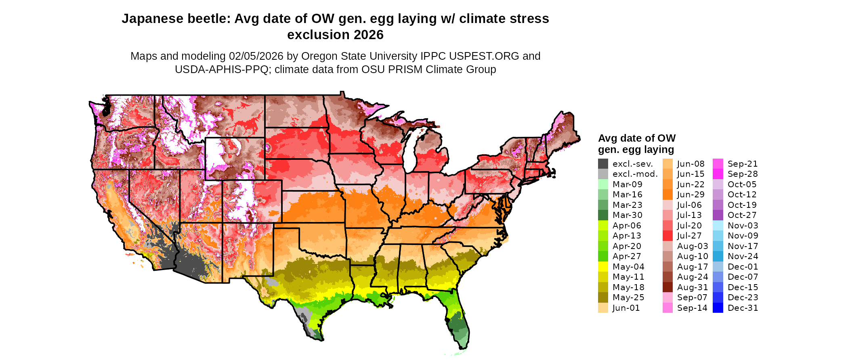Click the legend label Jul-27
(689, 236)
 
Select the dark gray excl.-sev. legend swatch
(603, 164)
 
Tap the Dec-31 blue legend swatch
(718, 308)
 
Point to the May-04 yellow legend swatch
(603, 267)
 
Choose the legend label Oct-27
(742, 215)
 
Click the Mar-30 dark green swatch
(603, 215)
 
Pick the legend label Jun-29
(691, 195)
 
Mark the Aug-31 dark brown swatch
(668, 287)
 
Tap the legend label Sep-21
(743, 164)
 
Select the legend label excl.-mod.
(635, 174)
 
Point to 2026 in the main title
(367, 35)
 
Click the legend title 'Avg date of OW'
(636, 138)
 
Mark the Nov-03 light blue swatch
(718, 226)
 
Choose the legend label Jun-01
(626, 308)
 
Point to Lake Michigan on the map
(410, 151)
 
